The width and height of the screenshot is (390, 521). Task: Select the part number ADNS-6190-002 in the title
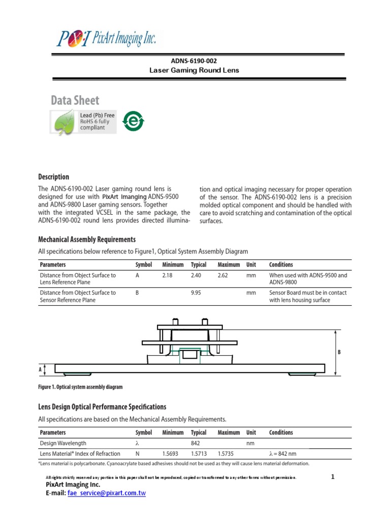click(x=194, y=61)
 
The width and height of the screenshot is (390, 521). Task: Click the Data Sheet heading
click(x=75, y=100)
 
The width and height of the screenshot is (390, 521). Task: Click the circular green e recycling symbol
click(x=135, y=122)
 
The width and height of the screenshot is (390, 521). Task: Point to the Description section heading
click(x=54, y=177)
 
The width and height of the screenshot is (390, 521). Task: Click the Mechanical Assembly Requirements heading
click(x=87, y=239)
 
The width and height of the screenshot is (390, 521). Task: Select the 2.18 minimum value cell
click(x=168, y=275)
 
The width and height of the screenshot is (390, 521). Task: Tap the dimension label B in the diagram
click(x=339, y=352)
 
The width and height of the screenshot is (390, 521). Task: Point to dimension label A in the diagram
click(x=40, y=370)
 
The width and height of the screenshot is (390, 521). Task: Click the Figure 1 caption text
click(x=80, y=387)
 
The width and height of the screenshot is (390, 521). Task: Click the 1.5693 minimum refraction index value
click(x=171, y=453)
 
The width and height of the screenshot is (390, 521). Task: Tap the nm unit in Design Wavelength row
click(x=250, y=443)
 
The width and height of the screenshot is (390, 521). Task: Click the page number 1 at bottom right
click(x=333, y=477)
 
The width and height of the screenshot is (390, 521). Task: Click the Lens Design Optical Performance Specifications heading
click(x=102, y=407)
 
